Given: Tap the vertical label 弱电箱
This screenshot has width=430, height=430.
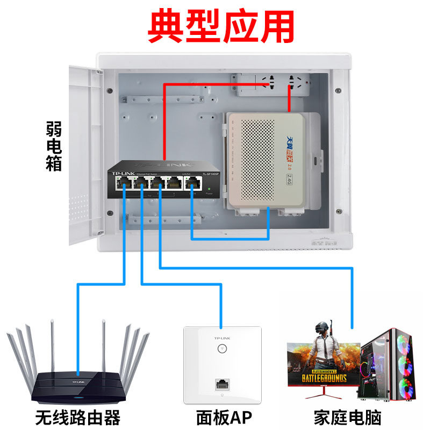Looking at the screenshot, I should pyautogui.click(x=54, y=146).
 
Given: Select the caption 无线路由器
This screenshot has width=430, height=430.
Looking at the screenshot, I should pyautogui.click(x=78, y=417).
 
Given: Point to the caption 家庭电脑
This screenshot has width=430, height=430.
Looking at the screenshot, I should pyautogui.click(x=352, y=417).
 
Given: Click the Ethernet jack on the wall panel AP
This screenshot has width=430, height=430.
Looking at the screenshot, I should pyautogui.click(x=221, y=384).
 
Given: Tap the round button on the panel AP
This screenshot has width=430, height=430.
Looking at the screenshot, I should pyautogui.click(x=221, y=348).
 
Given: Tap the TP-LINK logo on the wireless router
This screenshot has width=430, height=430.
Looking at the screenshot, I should pyautogui.click(x=77, y=381).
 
